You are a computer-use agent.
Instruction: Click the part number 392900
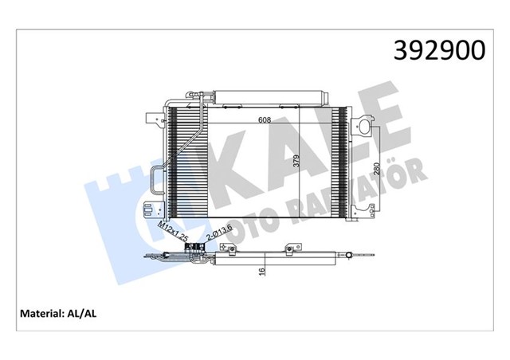[x=437, y=49]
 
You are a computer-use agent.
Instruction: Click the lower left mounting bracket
[x=148, y=212]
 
